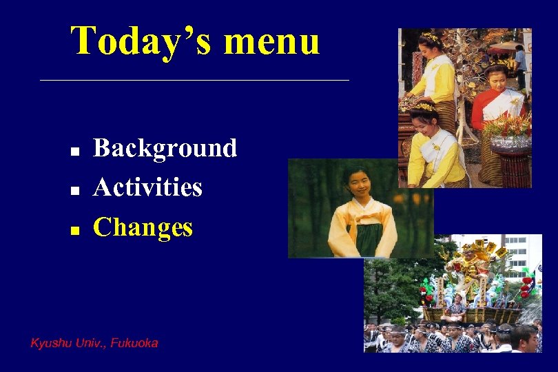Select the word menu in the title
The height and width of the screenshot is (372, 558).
(271, 42)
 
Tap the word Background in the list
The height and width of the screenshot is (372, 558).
(165, 148)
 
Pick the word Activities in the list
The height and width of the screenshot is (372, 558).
(147, 187)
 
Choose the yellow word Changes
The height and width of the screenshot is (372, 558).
(143, 227)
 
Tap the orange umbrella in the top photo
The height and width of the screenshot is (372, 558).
(506, 46)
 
